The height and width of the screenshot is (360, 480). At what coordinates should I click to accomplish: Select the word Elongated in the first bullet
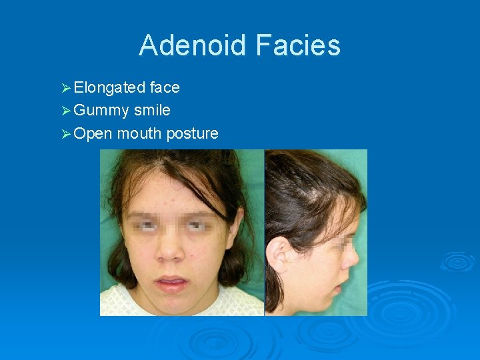coord(109,87)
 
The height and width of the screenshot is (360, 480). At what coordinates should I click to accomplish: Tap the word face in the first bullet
coord(165,87)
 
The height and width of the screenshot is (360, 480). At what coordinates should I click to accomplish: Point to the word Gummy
coord(101,110)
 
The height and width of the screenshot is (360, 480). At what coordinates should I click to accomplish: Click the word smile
coord(152,110)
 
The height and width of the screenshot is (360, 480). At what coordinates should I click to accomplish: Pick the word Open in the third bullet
coord(93,133)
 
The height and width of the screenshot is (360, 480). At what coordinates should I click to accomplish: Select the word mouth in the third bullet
coord(139,133)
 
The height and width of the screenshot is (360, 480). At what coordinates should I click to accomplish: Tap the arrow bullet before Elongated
coord(65,88)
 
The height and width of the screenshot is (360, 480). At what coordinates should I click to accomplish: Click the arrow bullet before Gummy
coord(65,111)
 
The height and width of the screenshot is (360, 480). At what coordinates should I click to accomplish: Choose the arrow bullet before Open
coord(65,134)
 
